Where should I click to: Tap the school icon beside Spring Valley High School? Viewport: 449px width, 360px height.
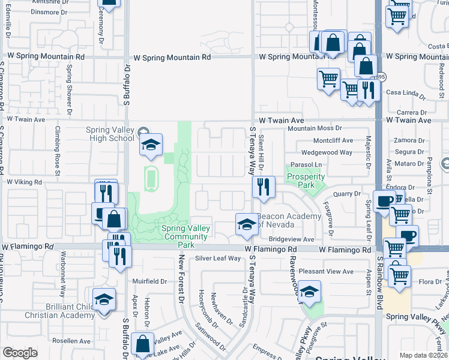[151, 144]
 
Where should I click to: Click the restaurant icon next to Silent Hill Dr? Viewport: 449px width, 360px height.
[264, 187]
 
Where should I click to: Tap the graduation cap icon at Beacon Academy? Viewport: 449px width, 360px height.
[246, 224]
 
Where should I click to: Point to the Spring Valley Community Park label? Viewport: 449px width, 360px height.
[186, 233]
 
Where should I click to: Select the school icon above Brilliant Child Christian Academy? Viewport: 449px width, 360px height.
[104, 299]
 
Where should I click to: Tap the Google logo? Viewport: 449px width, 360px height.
[20, 352]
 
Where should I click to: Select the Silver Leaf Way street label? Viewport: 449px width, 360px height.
[217, 259]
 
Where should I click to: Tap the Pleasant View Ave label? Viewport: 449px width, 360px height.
[326, 271]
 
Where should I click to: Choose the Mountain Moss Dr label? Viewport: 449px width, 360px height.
[314, 128]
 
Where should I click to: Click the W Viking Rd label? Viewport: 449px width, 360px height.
[25, 181]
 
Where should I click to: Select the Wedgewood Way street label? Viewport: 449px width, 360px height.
[327, 152]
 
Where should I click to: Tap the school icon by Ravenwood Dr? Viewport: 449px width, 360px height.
[309, 292]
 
